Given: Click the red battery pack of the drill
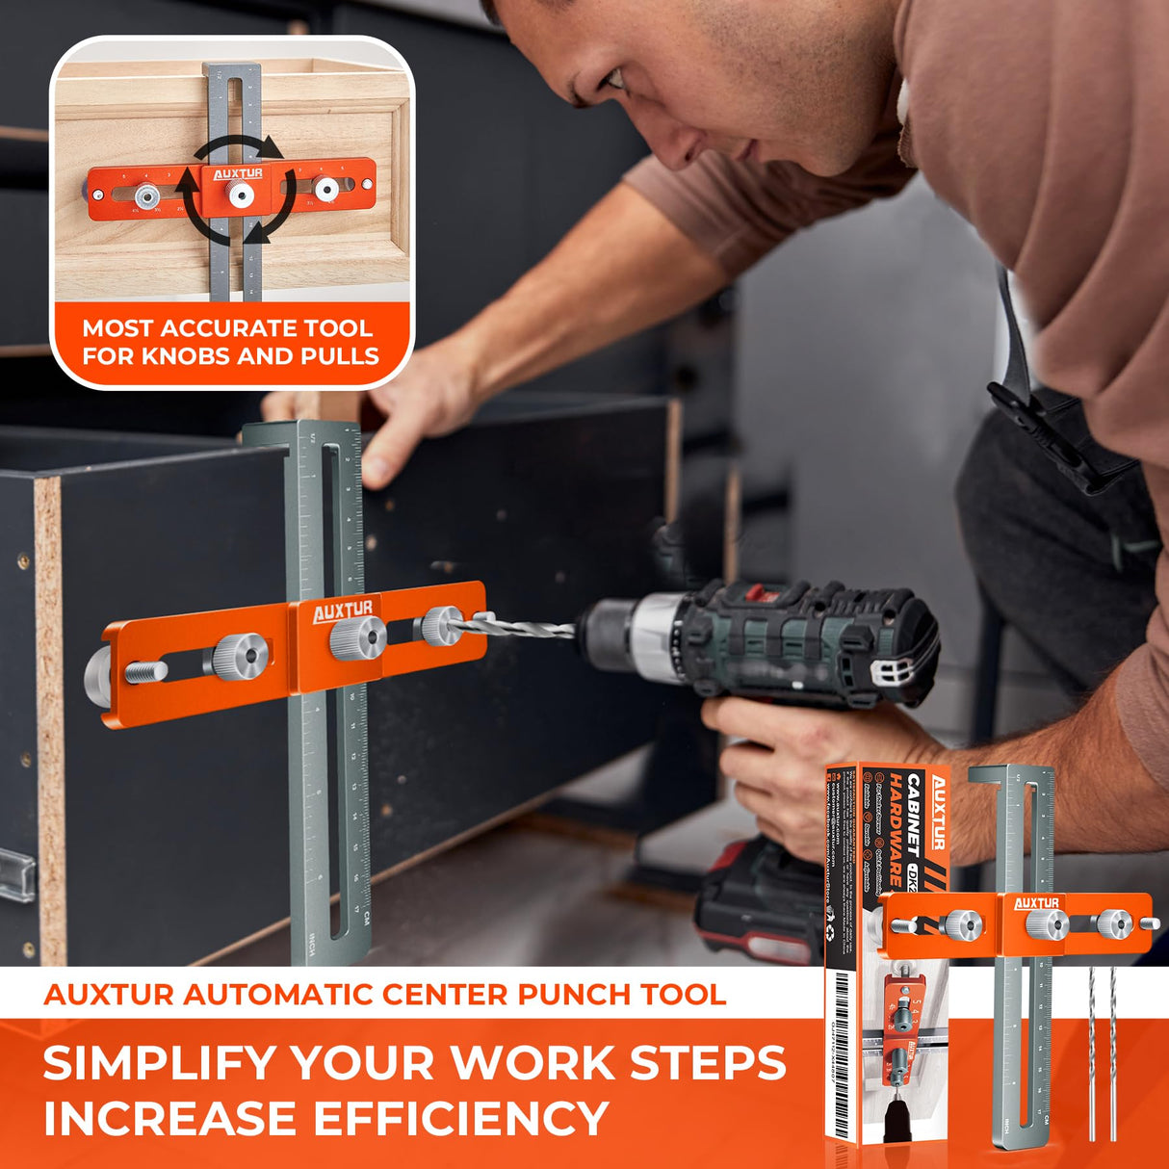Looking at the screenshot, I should coord(761,900).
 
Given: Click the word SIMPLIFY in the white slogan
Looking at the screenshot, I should coord(160,1063).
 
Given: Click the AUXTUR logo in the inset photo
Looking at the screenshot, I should coord(237,174).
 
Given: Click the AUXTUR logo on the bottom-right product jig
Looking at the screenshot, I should coord(1035,903).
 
